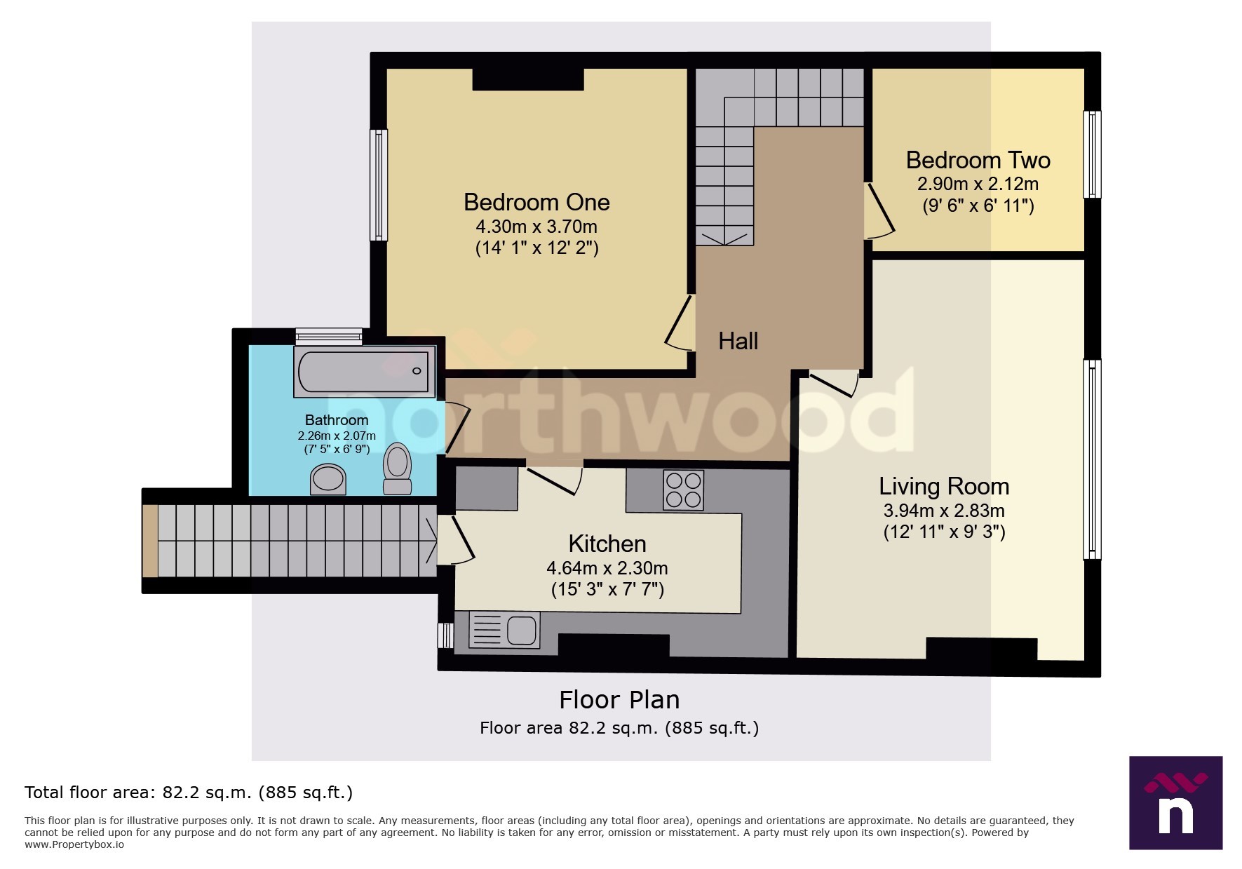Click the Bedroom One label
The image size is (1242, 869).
coord(536,203)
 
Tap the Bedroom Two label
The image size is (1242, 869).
coord(978,161)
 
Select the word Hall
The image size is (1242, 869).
coord(738,342)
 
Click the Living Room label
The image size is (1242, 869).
coord(944,487)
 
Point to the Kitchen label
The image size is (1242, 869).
coord(607,544)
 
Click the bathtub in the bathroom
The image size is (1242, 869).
coord(363,371)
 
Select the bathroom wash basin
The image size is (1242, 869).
coord(328,480)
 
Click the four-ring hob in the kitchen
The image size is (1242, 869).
coord(683,490)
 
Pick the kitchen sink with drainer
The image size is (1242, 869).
coord(504,629)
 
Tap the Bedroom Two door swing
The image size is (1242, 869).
coord(879,210)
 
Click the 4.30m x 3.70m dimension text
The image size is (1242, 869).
coord(536,227)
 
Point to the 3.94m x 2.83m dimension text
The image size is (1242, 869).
coord(944,511)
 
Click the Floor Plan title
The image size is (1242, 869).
coord(619,700)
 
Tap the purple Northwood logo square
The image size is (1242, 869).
coord(1175,802)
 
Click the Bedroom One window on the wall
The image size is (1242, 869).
coord(379,184)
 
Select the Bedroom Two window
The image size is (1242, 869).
coord(1092,154)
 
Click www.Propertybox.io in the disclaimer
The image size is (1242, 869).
coord(74,844)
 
